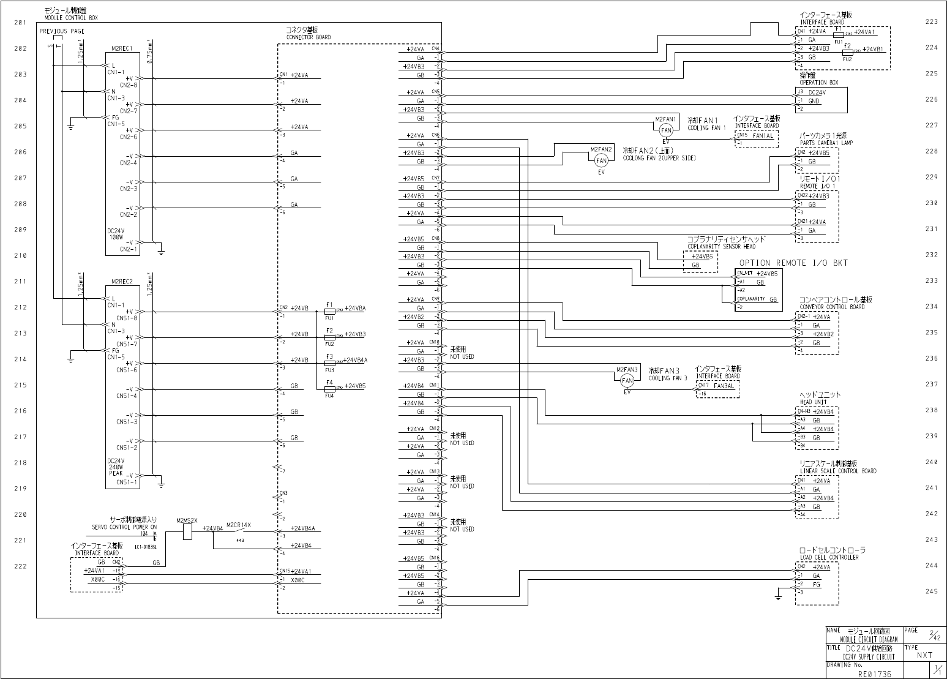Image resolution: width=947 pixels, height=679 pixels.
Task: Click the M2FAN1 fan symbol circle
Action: tap(666, 130)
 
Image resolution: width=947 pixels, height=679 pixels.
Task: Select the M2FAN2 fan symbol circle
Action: tap(601, 160)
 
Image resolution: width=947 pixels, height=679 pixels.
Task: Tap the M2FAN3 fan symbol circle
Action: tap(627, 381)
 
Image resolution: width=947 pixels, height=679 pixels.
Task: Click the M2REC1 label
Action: tap(122, 48)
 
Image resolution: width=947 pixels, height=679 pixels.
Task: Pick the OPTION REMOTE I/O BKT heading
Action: tap(794, 263)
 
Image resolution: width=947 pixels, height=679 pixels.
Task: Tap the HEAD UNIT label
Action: tap(814, 402)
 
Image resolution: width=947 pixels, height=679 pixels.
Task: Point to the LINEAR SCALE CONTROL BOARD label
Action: tap(837, 471)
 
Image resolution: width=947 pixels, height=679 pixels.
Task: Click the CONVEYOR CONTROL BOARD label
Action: tap(832, 307)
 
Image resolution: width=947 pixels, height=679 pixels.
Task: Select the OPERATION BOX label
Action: tap(818, 82)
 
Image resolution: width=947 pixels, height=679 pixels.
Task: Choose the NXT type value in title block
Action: tap(924, 655)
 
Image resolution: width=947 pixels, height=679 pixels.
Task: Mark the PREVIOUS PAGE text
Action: tap(62, 31)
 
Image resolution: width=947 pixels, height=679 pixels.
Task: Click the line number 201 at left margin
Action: tap(20, 23)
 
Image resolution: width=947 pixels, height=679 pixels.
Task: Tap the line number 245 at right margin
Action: tap(931, 591)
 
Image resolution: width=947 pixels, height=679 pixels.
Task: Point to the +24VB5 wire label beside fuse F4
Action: tap(355, 386)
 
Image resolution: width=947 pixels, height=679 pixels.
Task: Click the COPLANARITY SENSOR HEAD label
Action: tap(721, 247)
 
